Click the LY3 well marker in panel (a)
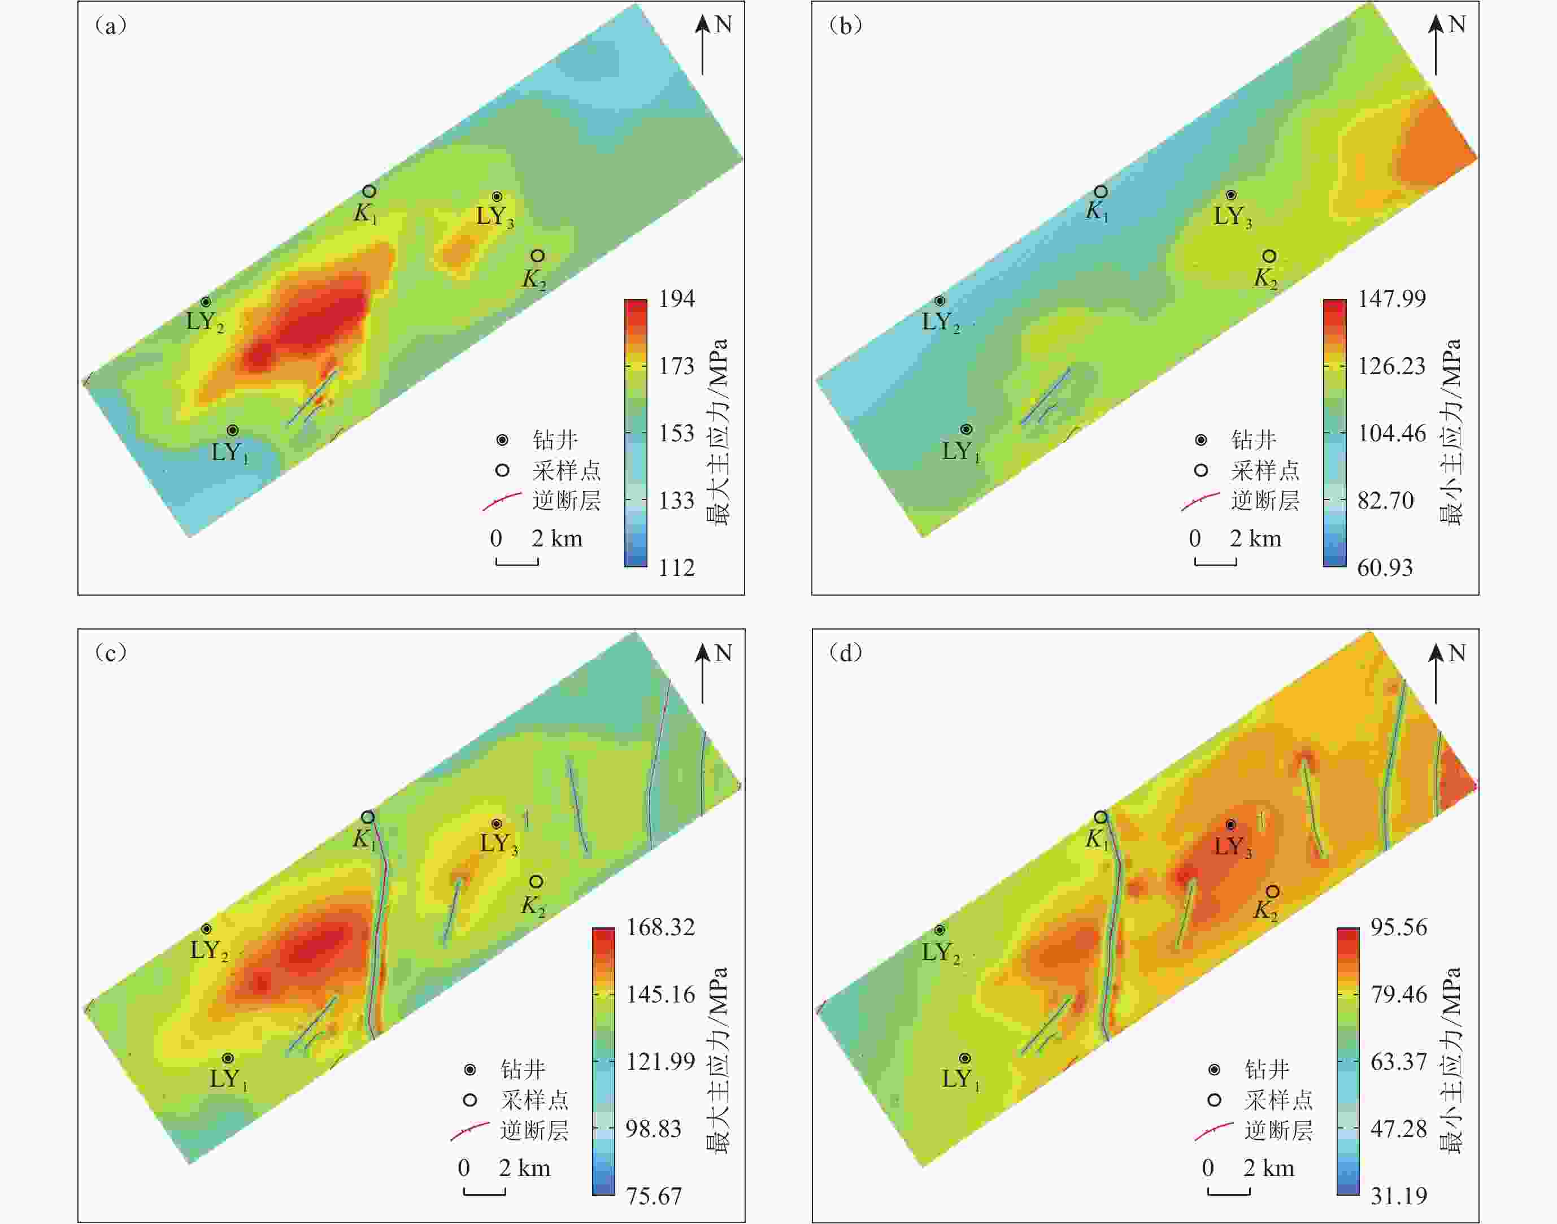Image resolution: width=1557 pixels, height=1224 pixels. [x=497, y=196]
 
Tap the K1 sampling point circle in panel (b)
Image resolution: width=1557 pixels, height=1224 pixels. [x=1101, y=192]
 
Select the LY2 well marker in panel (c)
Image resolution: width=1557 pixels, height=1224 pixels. [x=206, y=929]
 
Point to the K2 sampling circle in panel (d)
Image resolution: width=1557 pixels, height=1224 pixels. [x=1272, y=892]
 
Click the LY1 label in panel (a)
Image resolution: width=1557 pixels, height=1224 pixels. [x=229, y=452]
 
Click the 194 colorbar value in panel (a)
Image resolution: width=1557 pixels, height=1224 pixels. [x=676, y=298]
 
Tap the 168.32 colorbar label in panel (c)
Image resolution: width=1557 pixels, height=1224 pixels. [x=660, y=927]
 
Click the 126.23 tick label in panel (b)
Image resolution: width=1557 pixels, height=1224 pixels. [x=1391, y=366]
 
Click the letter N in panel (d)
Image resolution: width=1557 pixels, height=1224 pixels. [x=1456, y=653]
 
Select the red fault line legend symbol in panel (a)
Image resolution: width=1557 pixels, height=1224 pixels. [x=502, y=501]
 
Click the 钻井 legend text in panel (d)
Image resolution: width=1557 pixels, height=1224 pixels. [x=1267, y=1070]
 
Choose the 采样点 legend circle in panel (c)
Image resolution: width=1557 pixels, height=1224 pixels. [x=470, y=1100]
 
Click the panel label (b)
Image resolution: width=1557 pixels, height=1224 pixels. [x=846, y=26]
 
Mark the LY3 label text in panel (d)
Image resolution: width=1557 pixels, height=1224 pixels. [x=1232, y=847]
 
